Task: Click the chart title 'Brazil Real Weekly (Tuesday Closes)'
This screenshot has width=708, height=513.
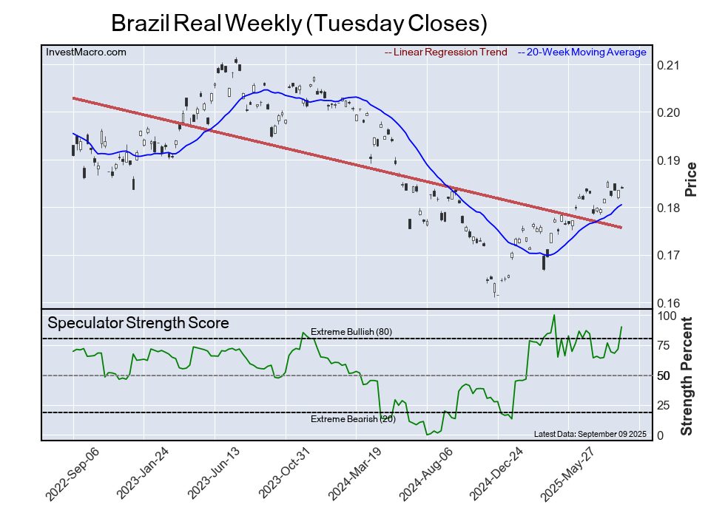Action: tap(299, 23)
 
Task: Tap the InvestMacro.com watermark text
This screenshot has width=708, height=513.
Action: tap(86, 52)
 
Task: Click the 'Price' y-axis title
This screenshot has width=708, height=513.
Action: tap(691, 178)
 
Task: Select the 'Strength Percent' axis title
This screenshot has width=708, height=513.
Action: tap(688, 376)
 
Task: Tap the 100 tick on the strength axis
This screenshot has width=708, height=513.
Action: tap(669, 316)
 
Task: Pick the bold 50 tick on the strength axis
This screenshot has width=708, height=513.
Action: tap(665, 376)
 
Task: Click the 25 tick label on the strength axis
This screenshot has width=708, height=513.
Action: tap(665, 405)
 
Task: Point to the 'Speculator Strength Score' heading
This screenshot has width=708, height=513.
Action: tap(138, 323)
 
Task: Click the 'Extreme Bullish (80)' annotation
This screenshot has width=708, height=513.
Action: tap(351, 332)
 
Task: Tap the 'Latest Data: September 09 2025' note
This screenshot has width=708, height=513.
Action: tap(590, 433)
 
